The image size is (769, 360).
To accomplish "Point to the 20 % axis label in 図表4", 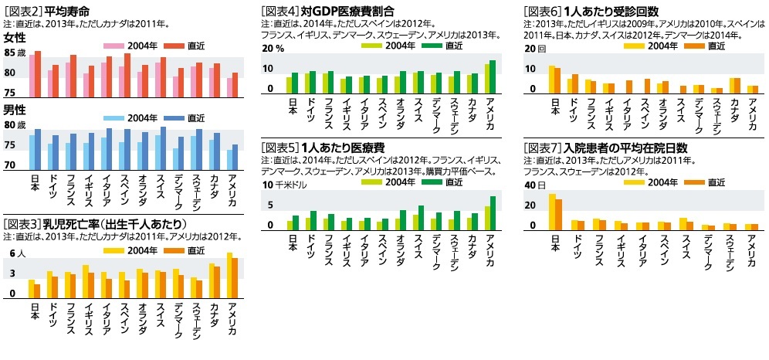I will [x=273, y=48].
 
